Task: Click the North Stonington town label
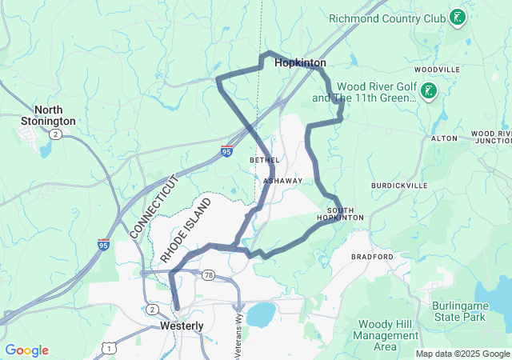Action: tap(55, 115)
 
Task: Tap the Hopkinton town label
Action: tap(300, 62)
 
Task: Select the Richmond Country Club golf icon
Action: tap(457, 17)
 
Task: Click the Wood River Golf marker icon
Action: tap(430, 90)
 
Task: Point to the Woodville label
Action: tap(438, 70)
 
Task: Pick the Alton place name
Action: tap(444, 138)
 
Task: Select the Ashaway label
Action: tap(284, 181)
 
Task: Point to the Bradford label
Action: tap(373, 257)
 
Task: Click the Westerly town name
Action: tap(182, 326)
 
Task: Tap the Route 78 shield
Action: tap(207, 274)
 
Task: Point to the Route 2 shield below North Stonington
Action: tap(54, 134)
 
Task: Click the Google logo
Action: tap(26, 350)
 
